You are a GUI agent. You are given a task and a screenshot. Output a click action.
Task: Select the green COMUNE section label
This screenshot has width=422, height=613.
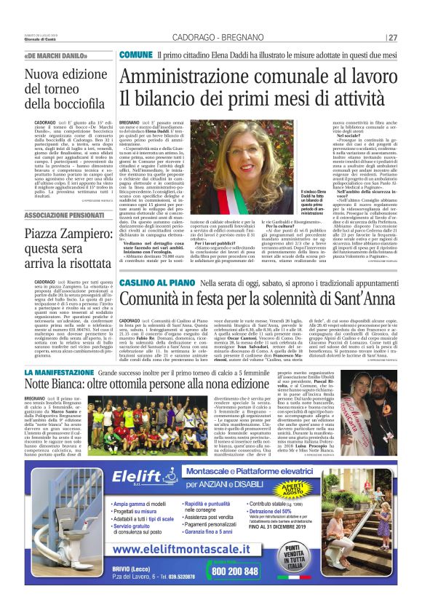point(135,55)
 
